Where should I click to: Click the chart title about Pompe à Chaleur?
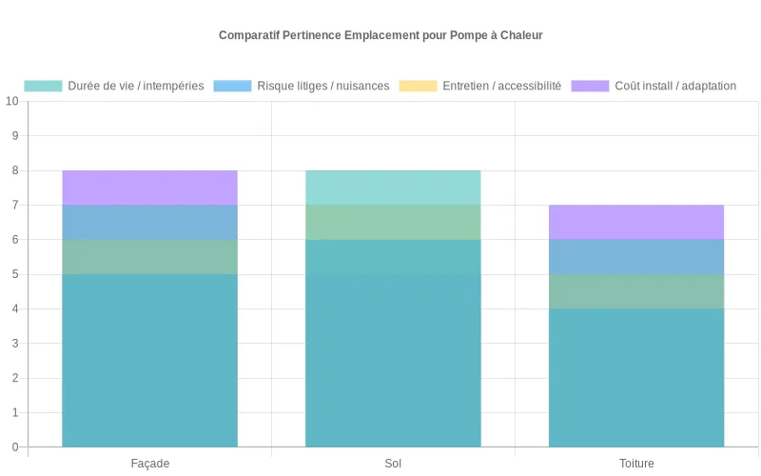[x=380, y=35]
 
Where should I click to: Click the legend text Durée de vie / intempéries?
[x=136, y=86]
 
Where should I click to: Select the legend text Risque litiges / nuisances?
[x=323, y=86]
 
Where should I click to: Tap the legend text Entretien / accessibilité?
[x=502, y=86]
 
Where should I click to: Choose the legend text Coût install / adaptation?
[x=675, y=86]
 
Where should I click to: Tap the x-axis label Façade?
[x=149, y=464]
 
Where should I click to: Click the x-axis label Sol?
[x=393, y=464]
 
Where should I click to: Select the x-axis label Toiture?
[x=636, y=464]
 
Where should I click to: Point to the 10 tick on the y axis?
[x=12, y=102]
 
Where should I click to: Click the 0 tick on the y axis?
[x=15, y=447]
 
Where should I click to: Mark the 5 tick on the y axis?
[x=15, y=274]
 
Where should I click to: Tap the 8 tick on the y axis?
[x=15, y=170]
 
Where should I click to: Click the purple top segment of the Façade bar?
[x=149, y=188]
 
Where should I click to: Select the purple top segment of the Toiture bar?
[x=636, y=222]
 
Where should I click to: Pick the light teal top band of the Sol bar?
[x=393, y=188]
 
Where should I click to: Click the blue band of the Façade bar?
[x=149, y=222]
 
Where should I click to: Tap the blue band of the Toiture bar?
[x=636, y=257]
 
